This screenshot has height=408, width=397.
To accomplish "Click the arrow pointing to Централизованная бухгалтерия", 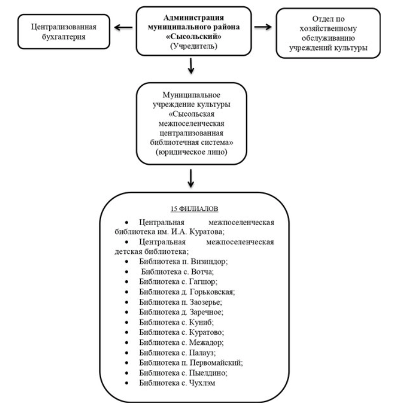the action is click(x=123, y=28).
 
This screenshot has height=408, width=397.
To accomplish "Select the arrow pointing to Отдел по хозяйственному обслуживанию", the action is click(x=263, y=27).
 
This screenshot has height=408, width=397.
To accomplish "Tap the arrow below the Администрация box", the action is click(x=191, y=66).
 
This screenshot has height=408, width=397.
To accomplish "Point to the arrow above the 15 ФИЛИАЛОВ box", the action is click(x=191, y=178).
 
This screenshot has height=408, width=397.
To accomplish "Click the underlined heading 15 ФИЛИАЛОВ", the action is click(x=194, y=209).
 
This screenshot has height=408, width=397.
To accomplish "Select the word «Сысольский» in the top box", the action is click(x=194, y=37).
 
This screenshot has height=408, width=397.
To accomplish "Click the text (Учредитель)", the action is click(x=194, y=46).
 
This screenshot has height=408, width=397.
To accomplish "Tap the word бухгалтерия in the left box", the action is click(x=64, y=37).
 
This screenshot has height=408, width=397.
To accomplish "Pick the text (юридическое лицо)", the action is click(x=191, y=152).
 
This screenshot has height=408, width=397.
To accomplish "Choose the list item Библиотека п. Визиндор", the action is click(x=183, y=261).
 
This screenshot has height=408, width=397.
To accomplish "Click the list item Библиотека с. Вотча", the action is click(x=177, y=272).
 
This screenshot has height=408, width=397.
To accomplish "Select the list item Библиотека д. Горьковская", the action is click(x=187, y=292).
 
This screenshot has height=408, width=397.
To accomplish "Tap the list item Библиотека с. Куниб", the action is click(x=176, y=322).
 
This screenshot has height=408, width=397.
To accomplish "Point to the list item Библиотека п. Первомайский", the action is click(x=191, y=363).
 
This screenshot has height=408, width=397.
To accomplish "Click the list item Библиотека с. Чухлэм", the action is click(x=177, y=383).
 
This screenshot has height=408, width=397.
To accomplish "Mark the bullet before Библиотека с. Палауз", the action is click(x=127, y=353).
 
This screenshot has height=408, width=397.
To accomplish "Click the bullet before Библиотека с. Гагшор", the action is click(x=127, y=281).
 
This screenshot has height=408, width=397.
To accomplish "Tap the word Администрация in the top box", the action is click(x=194, y=17).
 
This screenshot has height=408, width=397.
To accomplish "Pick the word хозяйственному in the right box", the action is click(x=328, y=29).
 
